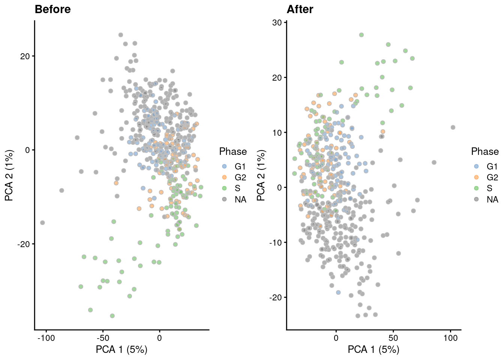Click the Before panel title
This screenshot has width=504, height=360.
pos(52,9)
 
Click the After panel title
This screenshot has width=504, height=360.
pos(300,9)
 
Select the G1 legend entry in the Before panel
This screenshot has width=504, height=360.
pos(240,166)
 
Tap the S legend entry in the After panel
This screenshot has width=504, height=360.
pos(489,188)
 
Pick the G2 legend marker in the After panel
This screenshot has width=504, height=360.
pos(476,177)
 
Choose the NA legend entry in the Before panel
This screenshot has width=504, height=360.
pos(240,199)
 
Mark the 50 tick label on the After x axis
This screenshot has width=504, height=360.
pos(393,338)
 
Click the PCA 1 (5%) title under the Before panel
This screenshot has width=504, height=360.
pos(121,349)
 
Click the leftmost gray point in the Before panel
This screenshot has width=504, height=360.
pos(42,223)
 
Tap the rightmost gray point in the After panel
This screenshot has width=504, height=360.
pos(453,127)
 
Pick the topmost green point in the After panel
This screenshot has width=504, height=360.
pos(361,35)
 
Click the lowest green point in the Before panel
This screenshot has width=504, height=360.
pos(112,316)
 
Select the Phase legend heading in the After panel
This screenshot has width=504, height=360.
pos(485,151)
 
